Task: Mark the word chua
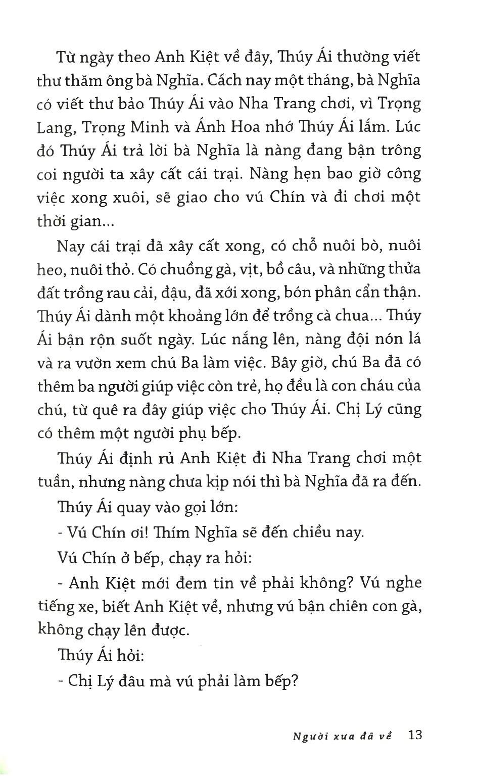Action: [x=362, y=316]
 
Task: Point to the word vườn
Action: [x=108, y=363]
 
